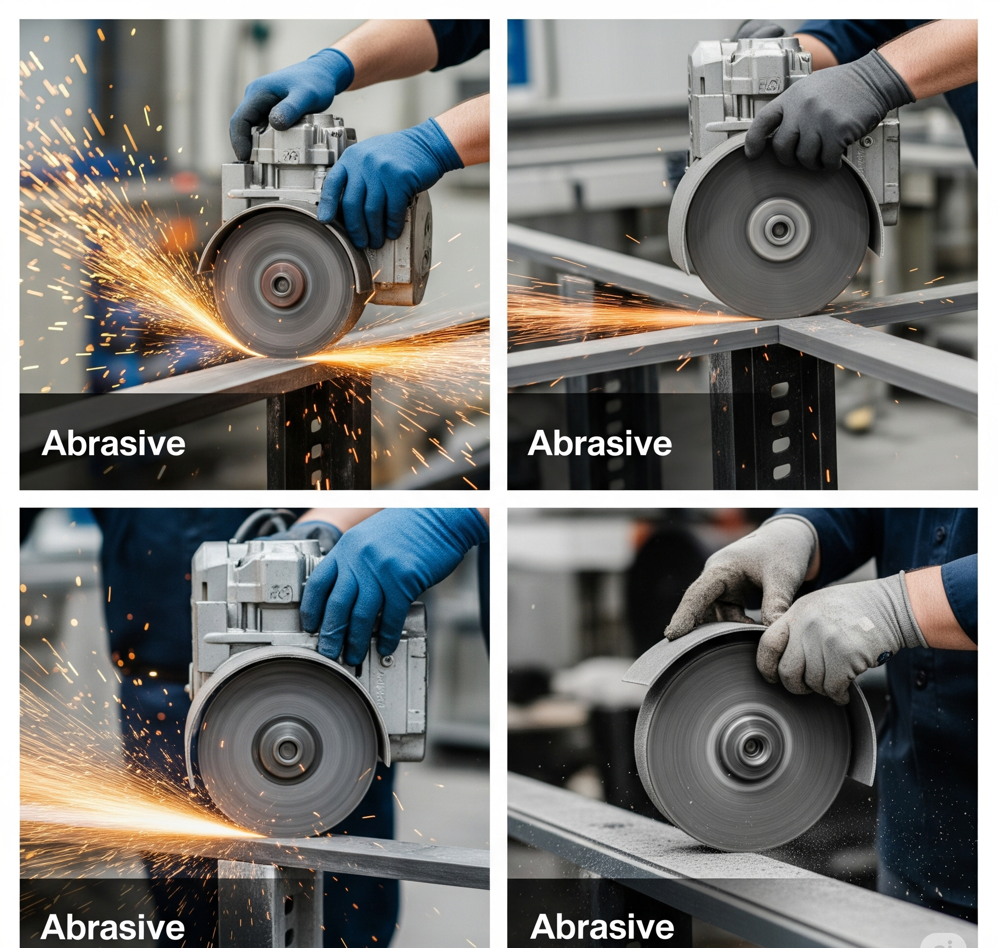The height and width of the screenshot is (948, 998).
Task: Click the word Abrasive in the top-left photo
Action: tap(113, 444)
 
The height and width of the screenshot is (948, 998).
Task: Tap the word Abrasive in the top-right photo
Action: tap(600, 444)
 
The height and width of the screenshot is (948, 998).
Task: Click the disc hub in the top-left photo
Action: tap(281, 285)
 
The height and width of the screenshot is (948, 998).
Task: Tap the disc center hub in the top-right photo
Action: tap(779, 230)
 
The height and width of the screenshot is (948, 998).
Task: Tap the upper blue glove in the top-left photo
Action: tap(290, 101)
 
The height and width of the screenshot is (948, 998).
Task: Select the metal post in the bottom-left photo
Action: tap(270, 905)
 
